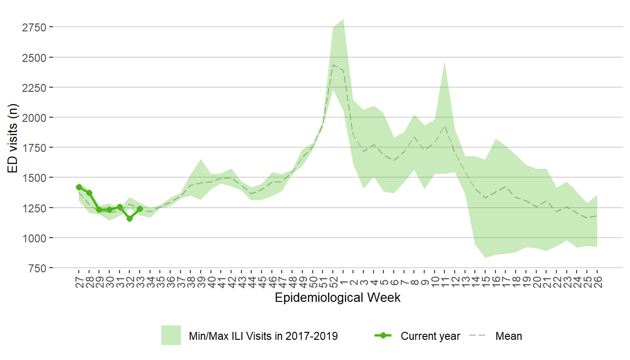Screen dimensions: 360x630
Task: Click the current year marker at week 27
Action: coord(79,187)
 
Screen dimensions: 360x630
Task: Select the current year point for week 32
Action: coord(129,218)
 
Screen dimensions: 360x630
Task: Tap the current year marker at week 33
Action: coord(140,209)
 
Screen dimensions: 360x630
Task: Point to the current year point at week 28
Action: coord(89,193)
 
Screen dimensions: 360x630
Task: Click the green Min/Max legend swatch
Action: coord(171,336)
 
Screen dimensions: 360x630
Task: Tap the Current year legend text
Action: coord(430,336)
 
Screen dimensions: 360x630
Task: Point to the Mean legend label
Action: coord(509,336)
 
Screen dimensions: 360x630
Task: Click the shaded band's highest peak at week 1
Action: coord(344,20)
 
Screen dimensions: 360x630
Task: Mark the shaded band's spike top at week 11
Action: coord(444,61)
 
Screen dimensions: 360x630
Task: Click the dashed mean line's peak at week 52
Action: coord(333,65)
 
